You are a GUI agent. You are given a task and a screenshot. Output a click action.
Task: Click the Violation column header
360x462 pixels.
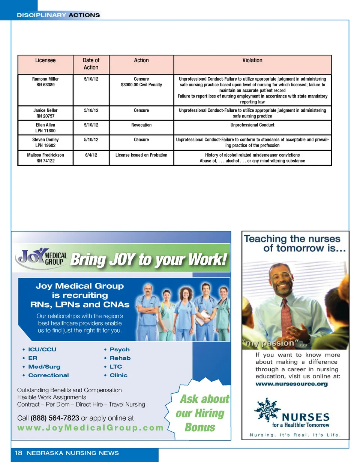252,60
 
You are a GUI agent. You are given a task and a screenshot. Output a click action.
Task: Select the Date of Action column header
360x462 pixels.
91,64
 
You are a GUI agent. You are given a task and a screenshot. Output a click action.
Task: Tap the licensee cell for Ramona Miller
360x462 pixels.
45,82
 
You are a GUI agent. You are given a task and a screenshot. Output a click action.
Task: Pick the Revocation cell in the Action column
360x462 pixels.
141,125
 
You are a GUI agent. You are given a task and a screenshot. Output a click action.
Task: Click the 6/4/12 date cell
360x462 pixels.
91,155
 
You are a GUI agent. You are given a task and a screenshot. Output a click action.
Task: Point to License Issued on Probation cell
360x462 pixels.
141,155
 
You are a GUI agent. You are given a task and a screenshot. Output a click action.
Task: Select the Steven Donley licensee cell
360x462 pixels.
45,142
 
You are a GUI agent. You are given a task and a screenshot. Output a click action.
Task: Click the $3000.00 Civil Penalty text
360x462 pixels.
141,85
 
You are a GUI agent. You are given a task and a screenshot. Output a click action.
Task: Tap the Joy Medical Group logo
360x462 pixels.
41,258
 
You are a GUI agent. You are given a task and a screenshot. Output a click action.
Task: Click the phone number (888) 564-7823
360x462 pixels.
55,418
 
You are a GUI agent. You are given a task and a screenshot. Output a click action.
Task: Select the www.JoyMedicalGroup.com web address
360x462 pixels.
90,428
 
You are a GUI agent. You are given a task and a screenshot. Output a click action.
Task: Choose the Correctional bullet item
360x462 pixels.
48,375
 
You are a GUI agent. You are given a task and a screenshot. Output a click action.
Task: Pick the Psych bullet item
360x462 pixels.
119,349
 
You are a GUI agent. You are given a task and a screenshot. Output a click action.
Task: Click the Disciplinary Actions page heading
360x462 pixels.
58,15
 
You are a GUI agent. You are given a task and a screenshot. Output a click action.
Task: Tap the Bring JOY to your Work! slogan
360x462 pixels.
149,260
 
